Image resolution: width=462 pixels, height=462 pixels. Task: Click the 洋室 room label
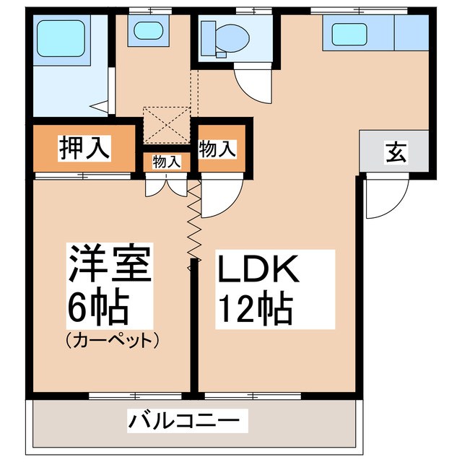tap(110, 265)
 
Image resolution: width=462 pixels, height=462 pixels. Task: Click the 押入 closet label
tap(84, 148)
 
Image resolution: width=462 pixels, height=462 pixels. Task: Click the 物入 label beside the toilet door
tap(217, 149)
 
